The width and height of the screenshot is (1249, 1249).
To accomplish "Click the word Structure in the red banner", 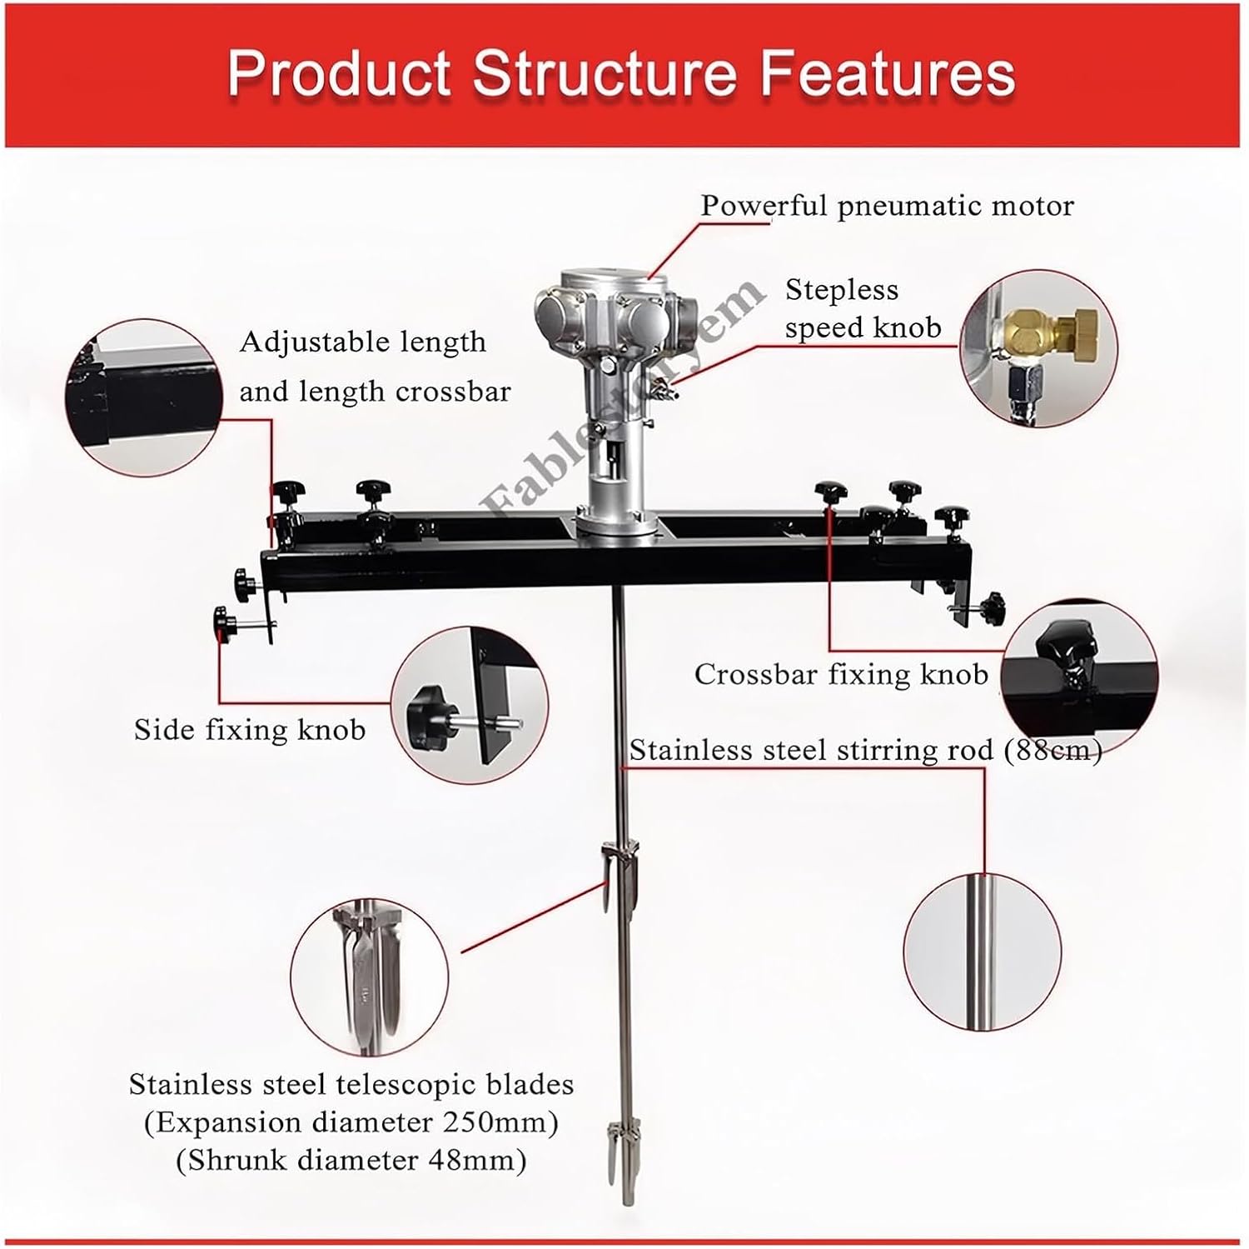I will (x=605, y=73).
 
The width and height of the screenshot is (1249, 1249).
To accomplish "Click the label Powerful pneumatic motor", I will (x=887, y=206).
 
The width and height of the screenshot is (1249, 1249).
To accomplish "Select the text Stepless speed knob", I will (x=862, y=308).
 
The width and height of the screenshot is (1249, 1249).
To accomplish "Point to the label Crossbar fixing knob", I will (x=841, y=674).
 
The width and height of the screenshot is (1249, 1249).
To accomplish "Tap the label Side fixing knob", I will (x=250, y=730).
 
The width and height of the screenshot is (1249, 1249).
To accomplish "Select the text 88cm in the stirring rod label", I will (x=1054, y=751).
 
